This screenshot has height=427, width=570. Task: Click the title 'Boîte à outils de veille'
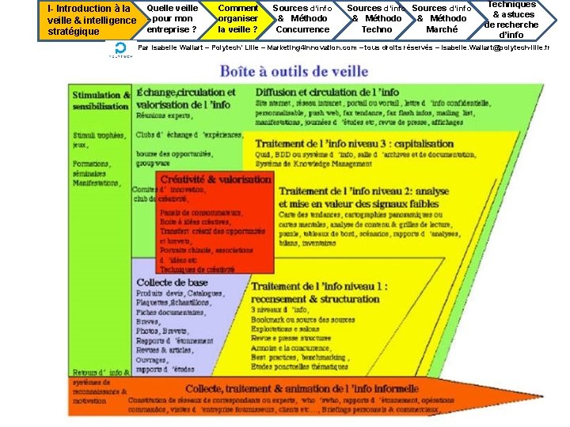294,72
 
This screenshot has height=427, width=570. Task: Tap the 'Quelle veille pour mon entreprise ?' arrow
171,19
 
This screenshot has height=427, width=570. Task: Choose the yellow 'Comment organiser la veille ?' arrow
237,19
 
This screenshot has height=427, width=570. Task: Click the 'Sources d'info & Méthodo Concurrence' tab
302,19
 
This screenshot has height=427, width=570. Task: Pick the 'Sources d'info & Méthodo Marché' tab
441,19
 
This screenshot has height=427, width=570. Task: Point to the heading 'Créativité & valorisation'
215,179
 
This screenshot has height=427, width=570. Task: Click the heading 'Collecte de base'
172,282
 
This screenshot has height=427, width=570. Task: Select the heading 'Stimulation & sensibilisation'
101,100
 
